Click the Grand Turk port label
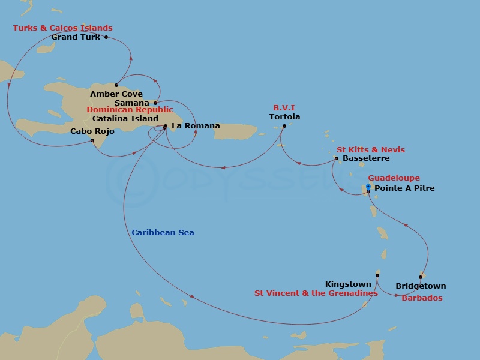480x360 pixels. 76,37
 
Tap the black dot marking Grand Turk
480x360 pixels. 106,37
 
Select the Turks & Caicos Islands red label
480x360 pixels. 63,28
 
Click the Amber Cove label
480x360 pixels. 116,94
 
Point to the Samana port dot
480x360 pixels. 155,103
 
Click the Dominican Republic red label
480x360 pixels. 130,110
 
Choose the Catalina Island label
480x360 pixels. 125,118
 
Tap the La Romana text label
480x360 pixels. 196,126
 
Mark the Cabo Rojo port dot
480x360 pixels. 92,140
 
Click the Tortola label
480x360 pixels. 285,117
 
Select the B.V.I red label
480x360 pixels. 284,109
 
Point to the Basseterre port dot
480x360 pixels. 337,158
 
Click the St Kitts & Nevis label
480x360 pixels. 370,149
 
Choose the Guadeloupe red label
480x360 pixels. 394,178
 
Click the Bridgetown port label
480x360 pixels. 421,286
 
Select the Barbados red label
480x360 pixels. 422,298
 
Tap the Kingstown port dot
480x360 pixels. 377,275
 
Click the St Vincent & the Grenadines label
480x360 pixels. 316,293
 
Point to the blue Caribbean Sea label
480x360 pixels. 163,233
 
